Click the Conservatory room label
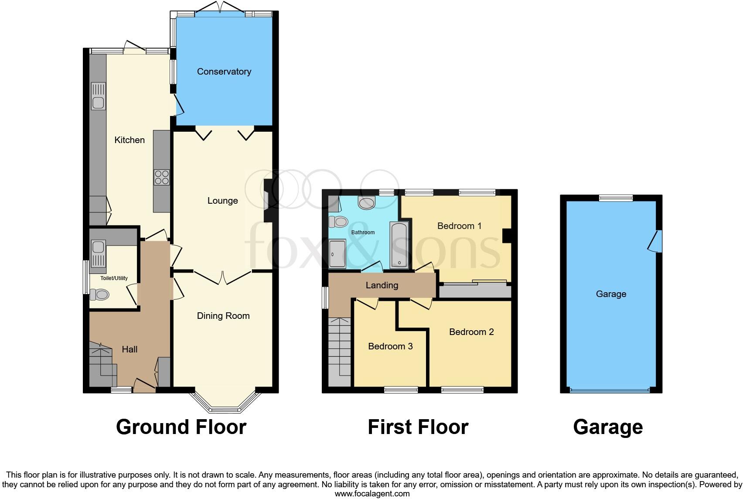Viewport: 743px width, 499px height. (x=224, y=72)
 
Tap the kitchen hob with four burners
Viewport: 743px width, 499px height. (x=161, y=177)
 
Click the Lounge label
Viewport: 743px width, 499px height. (x=222, y=201)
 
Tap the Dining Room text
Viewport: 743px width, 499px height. (x=223, y=316)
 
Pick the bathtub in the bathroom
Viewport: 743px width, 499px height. (x=399, y=245)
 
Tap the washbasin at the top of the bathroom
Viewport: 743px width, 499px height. (x=366, y=202)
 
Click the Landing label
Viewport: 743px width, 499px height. (x=382, y=285)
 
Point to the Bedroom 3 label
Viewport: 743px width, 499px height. (x=390, y=346)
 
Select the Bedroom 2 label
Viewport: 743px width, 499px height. (x=471, y=332)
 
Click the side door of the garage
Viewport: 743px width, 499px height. (x=655, y=241)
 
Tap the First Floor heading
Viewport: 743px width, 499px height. (x=418, y=427)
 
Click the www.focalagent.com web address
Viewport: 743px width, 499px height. (x=372, y=494)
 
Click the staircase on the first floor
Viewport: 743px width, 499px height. (x=340, y=351)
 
